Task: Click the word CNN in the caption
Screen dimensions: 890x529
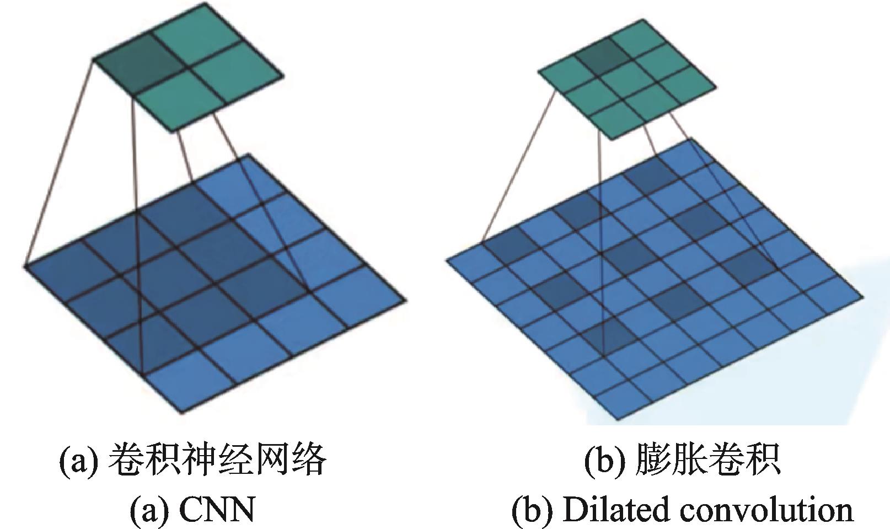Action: click(x=217, y=510)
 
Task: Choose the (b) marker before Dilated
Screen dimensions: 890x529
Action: click(x=533, y=510)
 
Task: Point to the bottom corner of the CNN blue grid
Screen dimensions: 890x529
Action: click(x=181, y=413)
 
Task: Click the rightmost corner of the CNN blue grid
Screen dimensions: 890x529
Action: click(x=405, y=300)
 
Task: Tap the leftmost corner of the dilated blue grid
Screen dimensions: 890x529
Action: click(x=447, y=260)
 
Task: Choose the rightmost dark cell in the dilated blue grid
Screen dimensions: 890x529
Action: click(x=752, y=264)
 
